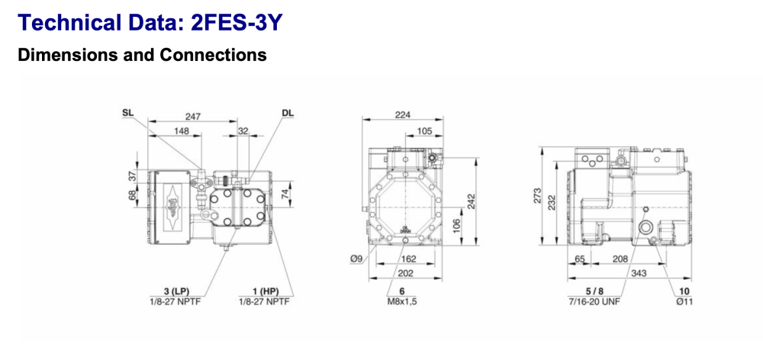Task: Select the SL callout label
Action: pos(127,113)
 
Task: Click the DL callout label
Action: pos(287,113)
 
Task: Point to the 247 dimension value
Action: pos(194,117)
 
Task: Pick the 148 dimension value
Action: pos(181,130)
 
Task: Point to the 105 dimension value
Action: pos(424,131)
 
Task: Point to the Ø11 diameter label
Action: pos(684,301)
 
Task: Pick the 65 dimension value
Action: pos(580,259)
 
